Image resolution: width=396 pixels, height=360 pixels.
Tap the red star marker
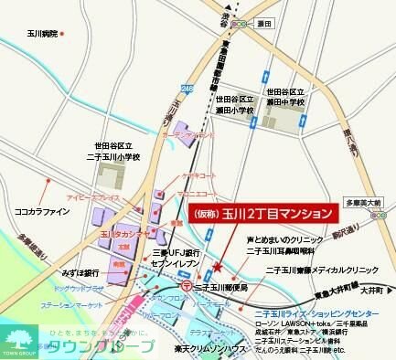click(217, 267)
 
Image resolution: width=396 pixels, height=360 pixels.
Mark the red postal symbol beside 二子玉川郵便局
click(187, 286)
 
